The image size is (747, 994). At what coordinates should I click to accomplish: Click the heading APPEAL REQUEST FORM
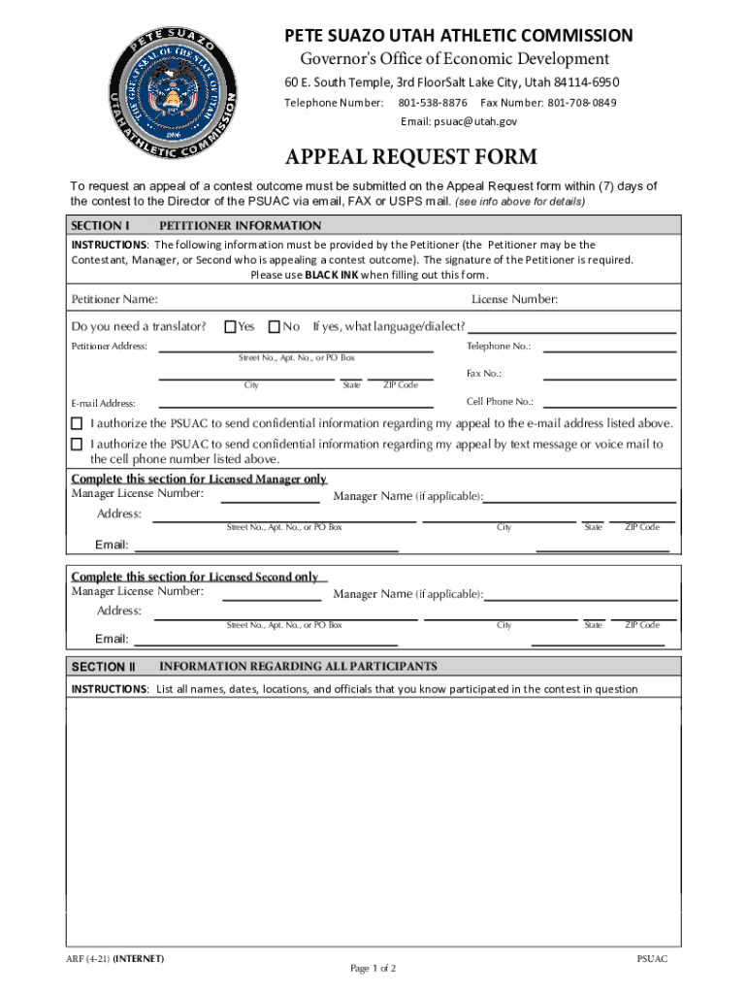[410, 158]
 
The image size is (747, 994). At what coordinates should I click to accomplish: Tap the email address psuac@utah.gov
[459, 121]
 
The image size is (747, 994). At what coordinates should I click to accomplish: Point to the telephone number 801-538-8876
[433, 102]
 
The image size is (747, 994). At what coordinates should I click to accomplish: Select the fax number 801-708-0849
[582, 102]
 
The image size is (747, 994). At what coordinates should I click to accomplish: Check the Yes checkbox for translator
[230, 327]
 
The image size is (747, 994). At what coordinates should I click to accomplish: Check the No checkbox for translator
[275, 327]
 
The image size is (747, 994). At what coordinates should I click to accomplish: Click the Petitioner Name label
[114, 299]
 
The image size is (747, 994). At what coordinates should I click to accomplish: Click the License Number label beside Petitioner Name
[514, 299]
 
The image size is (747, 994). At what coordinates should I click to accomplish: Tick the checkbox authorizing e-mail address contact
[77, 423]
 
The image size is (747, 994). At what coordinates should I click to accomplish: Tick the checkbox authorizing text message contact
[77, 444]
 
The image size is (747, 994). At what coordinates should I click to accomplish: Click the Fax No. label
[484, 373]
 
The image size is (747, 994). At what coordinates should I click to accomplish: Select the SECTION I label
[101, 225]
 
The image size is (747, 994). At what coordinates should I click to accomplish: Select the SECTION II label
[103, 667]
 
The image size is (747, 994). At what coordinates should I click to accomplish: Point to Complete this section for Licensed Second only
[195, 577]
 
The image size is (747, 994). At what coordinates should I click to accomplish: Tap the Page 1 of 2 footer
[373, 968]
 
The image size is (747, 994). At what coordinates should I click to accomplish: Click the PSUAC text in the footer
[652, 958]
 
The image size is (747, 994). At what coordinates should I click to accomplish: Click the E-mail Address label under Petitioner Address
[103, 403]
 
